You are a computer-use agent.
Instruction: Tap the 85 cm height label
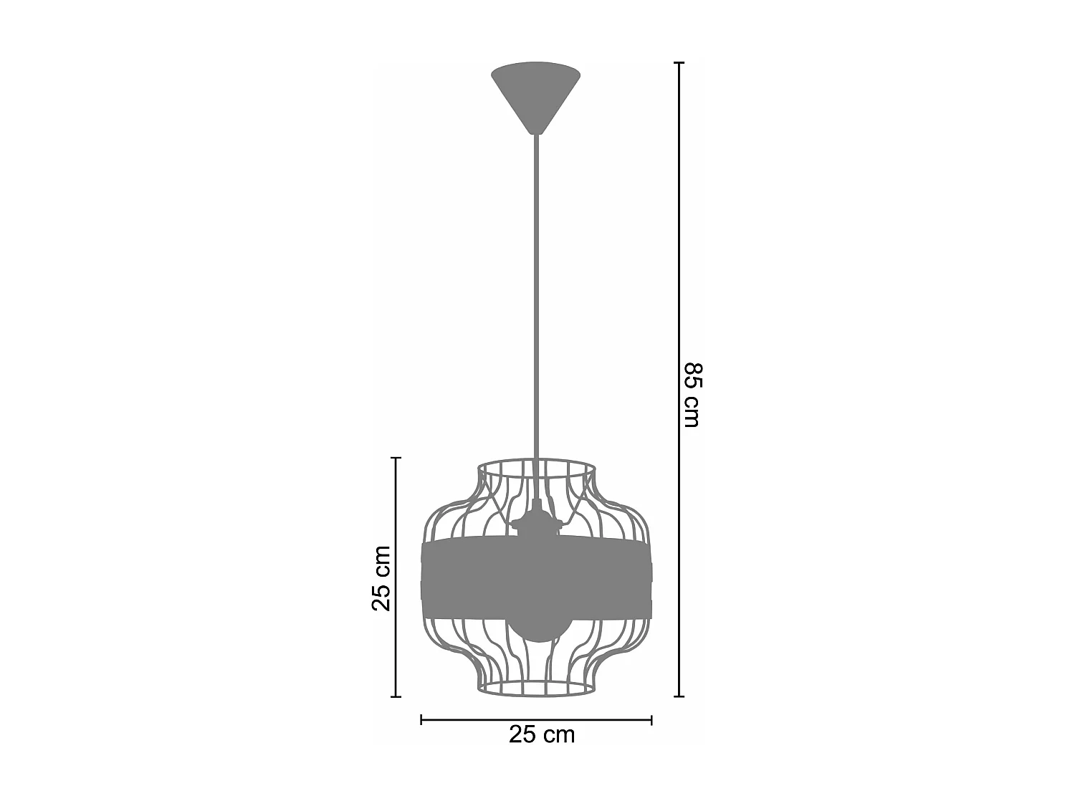(x=692, y=395)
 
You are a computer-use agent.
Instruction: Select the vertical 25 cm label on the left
(x=381, y=578)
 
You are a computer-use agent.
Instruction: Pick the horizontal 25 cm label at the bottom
(x=542, y=734)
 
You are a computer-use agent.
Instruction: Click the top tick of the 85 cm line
(x=680, y=63)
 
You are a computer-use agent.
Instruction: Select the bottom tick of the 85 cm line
(x=680, y=696)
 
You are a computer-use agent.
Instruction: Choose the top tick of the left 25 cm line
(x=396, y=458)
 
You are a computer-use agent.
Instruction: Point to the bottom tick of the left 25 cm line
(x=396, y=696)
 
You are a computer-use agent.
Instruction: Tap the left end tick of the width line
(x=421, y=719)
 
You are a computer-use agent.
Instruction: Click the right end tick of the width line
(x=651, y=719)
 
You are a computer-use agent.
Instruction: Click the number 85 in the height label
(x=692, y=376)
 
